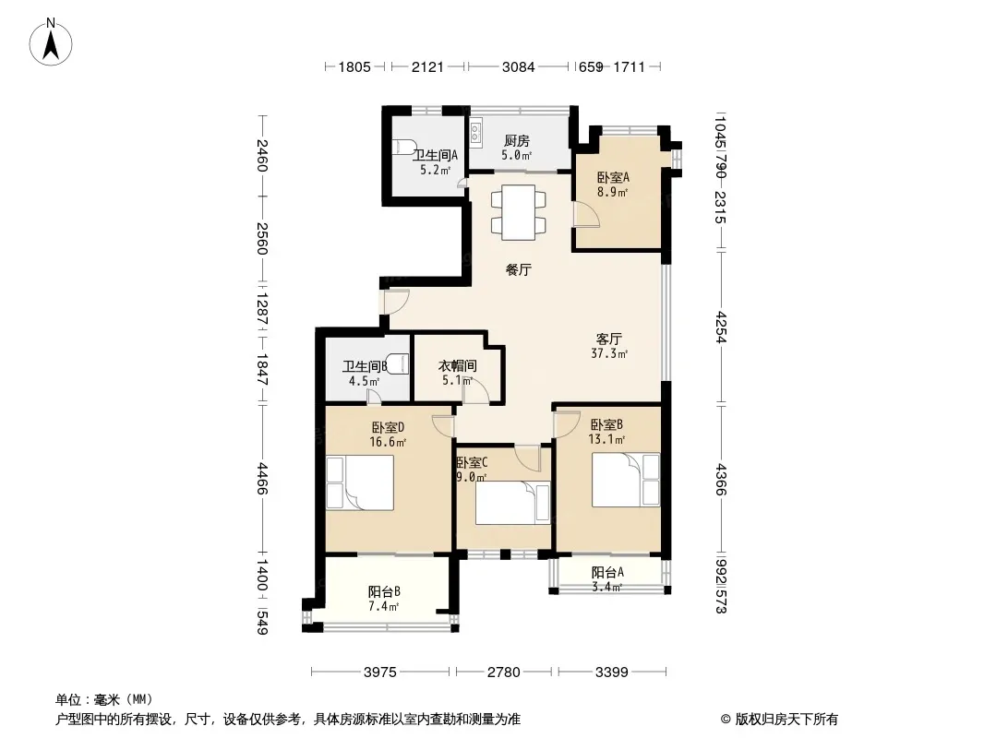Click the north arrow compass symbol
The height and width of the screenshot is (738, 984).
[51, 42]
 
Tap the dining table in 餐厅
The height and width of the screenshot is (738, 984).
[519, 212]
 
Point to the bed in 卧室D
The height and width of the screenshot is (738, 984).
[360, 482]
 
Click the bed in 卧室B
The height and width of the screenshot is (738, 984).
[626, 480]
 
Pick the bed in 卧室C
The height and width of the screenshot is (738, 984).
[512, 502]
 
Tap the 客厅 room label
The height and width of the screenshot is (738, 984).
[608, 339]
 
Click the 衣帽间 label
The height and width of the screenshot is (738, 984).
[457, 365]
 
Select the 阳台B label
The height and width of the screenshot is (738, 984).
[384, 591]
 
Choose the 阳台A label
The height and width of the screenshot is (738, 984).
[607, 572]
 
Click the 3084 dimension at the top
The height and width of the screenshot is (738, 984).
[519, 66]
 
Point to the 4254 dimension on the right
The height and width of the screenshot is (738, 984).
[720, 327]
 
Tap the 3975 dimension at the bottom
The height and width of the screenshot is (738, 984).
[380, 673]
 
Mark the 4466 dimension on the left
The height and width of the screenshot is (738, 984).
[262, 479]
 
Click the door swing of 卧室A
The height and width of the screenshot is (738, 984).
[587, 214]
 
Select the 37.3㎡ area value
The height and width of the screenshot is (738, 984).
[609, 353]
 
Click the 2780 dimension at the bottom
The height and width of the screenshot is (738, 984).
[504, 673]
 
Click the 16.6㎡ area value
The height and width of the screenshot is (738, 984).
[388, 442]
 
